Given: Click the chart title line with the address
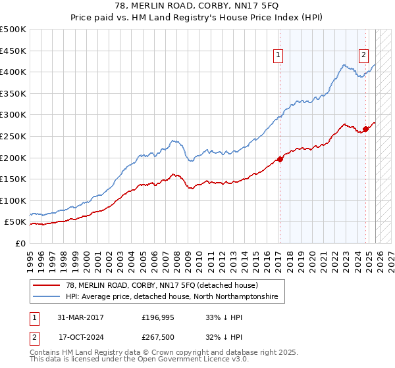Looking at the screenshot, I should point(197,7).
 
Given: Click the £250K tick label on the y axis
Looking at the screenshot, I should point(13,136).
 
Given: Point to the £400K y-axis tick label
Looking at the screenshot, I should point(13,72).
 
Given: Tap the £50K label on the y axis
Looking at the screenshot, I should point(15,222).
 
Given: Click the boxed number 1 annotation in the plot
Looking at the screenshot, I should point(279,56).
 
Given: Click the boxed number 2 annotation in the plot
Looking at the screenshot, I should point(363,56).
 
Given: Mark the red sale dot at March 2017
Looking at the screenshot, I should point(280,158).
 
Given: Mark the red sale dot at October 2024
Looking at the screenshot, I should point(366,129).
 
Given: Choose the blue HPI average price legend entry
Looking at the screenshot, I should point(171,297).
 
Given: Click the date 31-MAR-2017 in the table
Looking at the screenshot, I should point(80,317).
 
